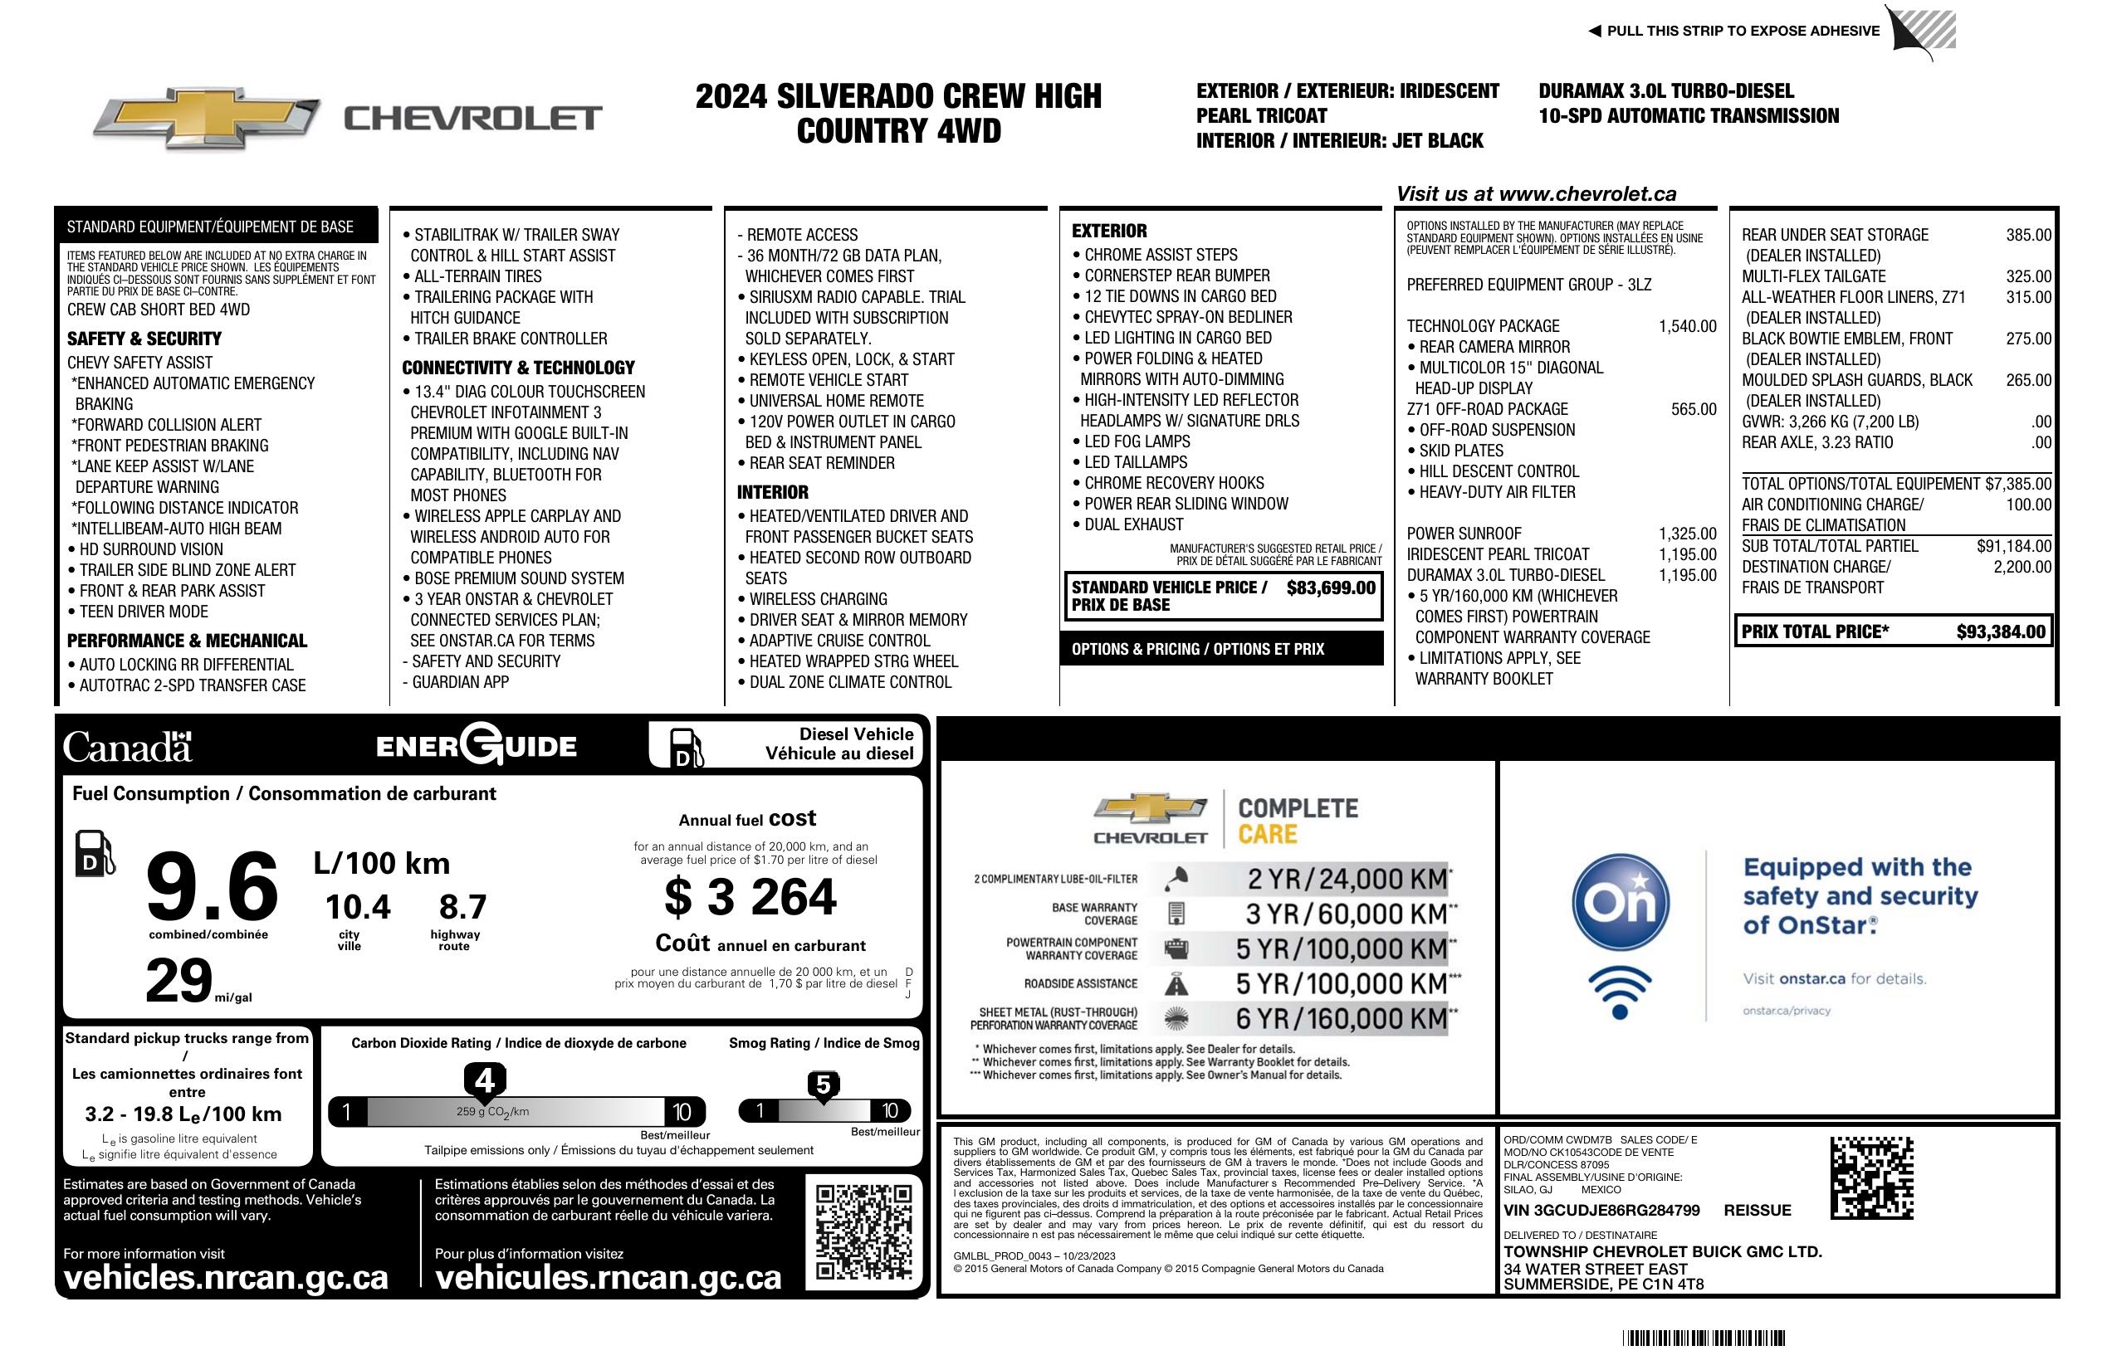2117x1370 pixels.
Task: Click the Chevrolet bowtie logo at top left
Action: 207,117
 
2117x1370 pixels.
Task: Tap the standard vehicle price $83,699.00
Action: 1331,587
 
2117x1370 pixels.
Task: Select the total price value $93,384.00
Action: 2001,632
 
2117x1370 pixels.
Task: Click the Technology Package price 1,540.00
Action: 1686,326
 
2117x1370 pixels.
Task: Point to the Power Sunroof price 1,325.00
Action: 1686,534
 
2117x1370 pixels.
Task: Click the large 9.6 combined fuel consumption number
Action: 212,886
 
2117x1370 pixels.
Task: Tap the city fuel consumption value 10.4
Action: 358,907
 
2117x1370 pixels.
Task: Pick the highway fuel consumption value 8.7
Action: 462,907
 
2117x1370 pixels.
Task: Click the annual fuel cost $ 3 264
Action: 750,896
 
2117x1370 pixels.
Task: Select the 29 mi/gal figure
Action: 179,981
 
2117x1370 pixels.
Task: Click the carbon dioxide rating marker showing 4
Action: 485,1081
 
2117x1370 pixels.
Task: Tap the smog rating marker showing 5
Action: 823,1085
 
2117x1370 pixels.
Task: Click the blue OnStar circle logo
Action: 1620,902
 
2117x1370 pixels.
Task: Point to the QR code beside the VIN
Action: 1871,1177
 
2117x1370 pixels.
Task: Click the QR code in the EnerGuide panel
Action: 863,1231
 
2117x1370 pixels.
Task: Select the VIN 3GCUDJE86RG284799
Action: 1601,1210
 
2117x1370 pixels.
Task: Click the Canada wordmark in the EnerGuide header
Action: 127,748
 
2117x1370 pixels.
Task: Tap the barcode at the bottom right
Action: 1704,1338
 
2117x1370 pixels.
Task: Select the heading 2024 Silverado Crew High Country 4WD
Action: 898,113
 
